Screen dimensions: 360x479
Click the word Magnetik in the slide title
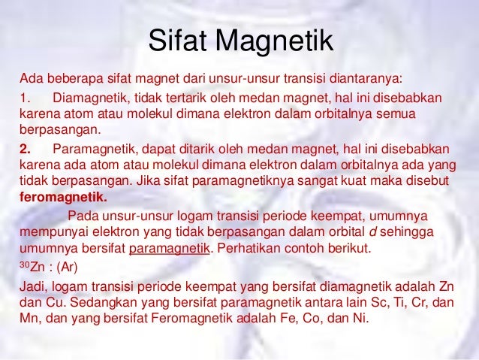[x=279, y=41]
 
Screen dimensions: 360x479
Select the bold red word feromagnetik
[x=63, y=199]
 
